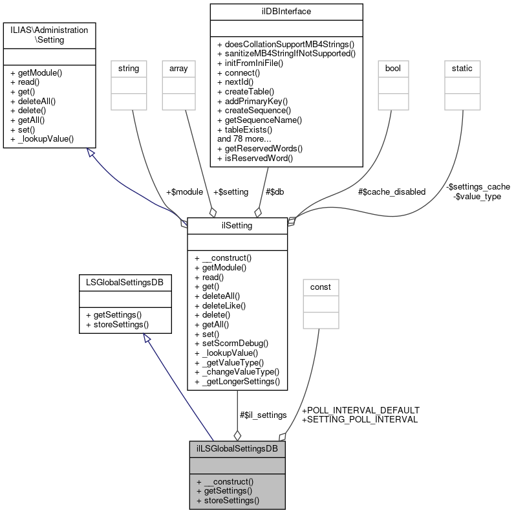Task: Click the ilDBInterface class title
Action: pos(285,12)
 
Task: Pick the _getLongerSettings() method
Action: pos(237,382)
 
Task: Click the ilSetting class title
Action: pos(237,225)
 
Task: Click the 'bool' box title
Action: pos(392,68)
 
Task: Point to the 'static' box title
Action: pos(462,68)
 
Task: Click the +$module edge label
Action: pos(184,192)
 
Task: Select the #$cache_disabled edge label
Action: pos(392,191)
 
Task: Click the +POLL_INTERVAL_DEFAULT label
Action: pos(360,410)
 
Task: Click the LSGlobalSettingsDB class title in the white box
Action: pos(123,283)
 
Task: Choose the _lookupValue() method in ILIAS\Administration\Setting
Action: pos(43,138)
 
